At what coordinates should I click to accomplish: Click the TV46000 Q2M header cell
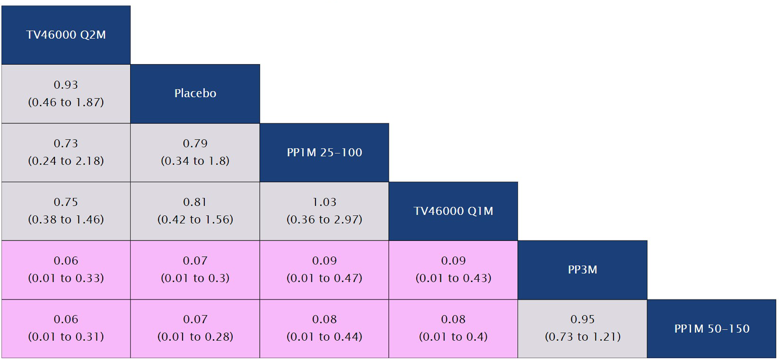(x=66, y=35)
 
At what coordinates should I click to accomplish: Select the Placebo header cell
(x=195, y=93)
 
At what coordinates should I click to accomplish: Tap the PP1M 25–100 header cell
(x=324, y=152)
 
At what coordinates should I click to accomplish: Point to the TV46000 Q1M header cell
(x=453, y=211)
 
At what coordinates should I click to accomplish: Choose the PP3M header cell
(x=582, y=269)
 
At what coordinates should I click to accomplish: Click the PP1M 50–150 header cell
(x=711, y=329)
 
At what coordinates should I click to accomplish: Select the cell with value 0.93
(x=66, y=93)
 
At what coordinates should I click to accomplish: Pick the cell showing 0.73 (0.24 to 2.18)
(x=66, y=152)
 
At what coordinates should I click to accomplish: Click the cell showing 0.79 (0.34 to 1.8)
(x=195, y=152)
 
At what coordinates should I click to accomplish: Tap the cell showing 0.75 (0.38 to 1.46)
(x=66, y=211)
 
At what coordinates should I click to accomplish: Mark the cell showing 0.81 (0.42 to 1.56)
(x=195, y=211)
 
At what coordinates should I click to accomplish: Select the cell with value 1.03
(x=324, y=211)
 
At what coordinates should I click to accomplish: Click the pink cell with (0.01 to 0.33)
(x=66, y=269)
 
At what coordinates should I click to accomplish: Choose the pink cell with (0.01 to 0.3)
(x=195, y=269)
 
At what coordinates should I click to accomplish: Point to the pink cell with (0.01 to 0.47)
(x=324, y=269)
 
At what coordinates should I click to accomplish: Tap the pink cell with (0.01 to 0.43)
(x=453, y=269)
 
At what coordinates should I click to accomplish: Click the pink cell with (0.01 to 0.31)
(x=66, y=329)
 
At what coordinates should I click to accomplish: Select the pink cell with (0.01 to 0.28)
(x=195, y=329)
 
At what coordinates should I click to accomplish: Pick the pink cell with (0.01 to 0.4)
(x=453, y=329)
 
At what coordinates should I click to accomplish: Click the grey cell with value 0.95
(x=582, y=329)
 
